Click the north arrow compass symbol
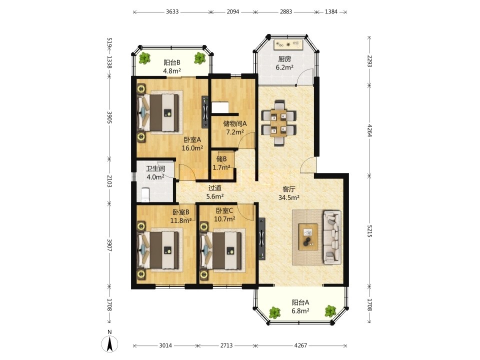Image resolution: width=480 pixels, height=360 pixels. click(x=110, y=343)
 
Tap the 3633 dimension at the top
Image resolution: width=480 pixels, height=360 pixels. click(x=172, y=11)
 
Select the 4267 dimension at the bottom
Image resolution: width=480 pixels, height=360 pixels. click(x=300, y=345)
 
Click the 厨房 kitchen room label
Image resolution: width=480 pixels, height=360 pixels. click(x=284, y=59)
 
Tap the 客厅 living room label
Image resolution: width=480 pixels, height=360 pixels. click(x=288, y=189)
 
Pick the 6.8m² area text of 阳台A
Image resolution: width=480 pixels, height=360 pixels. click(x=300, y=311)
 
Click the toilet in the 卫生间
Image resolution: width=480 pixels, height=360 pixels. click(x=145, y=195)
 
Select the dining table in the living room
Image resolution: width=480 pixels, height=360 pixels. click(x=278, y=122)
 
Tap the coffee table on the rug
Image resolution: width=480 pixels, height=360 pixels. click(x=308, y=237)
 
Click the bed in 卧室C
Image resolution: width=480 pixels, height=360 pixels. click(x=221, y=250)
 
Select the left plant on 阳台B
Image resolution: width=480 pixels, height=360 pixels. click(x=144, y=58)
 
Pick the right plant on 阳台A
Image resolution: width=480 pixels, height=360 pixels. click(x=330, y=311)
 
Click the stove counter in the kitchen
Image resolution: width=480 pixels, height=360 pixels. click(x=288, y=44)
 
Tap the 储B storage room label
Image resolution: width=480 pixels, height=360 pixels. click(x=221, y=159)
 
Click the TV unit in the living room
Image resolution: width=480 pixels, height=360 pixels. click(x=261, y=239)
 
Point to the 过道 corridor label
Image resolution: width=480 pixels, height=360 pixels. click(x=214, y=188)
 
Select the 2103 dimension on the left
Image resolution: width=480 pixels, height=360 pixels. click(x=109, y=180)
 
